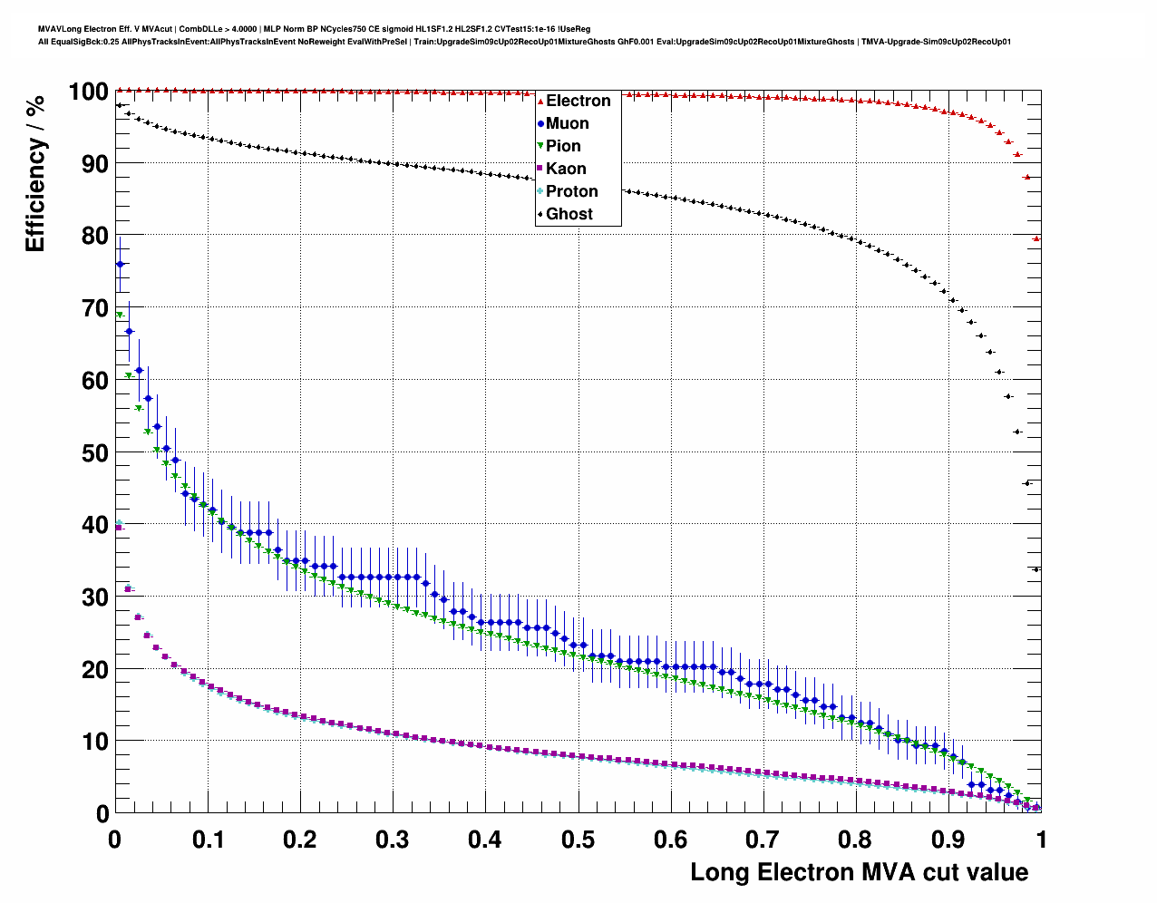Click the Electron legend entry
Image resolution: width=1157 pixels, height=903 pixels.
tap(578, 101)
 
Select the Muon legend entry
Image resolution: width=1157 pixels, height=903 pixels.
tap(567, 123)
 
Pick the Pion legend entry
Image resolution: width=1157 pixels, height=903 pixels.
tap(562, 146)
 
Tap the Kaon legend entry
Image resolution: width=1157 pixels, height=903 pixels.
tap(565, 169)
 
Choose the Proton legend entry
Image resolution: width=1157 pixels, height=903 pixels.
tap(571, 191)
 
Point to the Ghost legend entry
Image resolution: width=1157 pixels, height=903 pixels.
tap(569, 214)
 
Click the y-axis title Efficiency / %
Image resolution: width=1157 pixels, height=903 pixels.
tap(34, 173)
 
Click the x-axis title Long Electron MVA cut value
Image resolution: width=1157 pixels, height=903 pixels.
tap(859, 872)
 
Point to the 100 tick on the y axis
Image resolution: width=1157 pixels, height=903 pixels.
tap(89, 92)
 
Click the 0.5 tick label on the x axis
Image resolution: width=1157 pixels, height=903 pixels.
tap(578, 840)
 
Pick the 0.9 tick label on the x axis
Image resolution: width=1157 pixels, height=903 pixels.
tap(948, 840)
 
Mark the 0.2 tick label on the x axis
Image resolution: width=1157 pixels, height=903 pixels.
tap(300, 840)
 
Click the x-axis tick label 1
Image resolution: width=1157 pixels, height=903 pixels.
tap(1041, 840)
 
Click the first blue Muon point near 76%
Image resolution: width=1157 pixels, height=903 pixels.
tap(120, 264)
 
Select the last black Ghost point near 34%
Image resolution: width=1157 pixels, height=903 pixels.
tap(1036, 569)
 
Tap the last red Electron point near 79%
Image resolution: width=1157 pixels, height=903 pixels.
tap(1036, 238)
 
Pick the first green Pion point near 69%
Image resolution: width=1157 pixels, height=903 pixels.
tap(120, 315)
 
